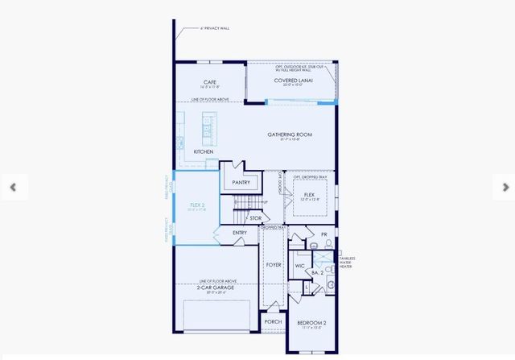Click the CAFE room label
click(210, 82)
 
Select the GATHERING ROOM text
click(290, 134)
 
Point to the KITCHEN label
click(204, 151)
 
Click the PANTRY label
click(241, 183)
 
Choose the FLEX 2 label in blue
click(197, 205)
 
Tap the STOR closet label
click(255, 218)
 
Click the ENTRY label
click(240, 233)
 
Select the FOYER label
click(274, 264)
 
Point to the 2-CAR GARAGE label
click(217, 287)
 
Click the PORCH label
click(274, 321)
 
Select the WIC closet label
click(299, 264)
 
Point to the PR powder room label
click(324, 234)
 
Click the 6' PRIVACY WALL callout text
click(215, 28)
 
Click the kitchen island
click(208, 126)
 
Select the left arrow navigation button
click(13, 187)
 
